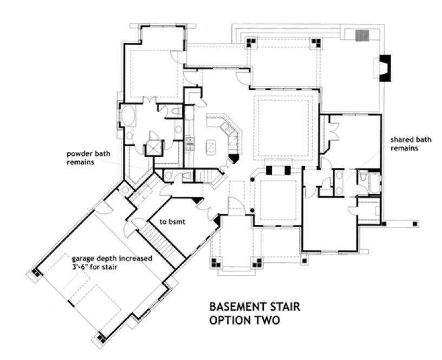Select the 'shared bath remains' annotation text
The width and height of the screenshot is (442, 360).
click(x=411, y=144)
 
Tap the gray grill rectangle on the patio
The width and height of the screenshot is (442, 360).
click(x=361, y=36)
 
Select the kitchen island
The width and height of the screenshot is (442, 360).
click(x=211, y=146)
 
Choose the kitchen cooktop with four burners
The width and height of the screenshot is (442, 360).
click(x=191, y=143)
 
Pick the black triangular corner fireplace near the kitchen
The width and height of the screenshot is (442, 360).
click(x=233, y=158)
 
